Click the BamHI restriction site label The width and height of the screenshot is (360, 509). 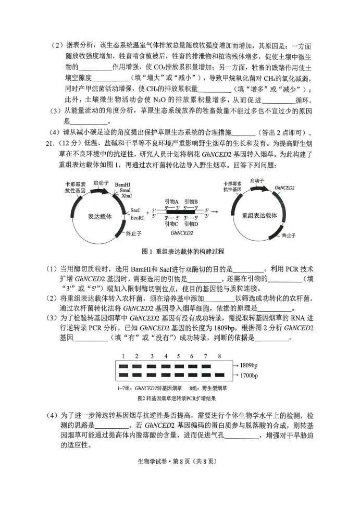[123, 185]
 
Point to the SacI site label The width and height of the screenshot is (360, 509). [136, 209]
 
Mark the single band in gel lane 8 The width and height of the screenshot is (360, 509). [219, 375]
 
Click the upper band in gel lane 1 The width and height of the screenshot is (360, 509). [123, 366]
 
